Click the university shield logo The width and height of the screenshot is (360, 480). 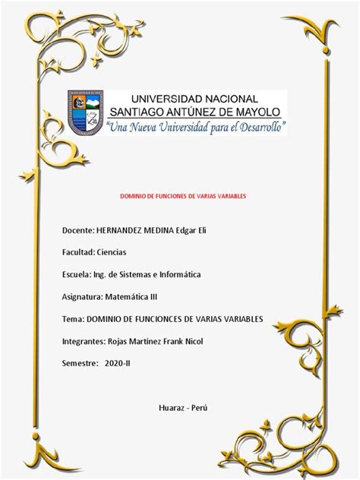pos(85,113)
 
